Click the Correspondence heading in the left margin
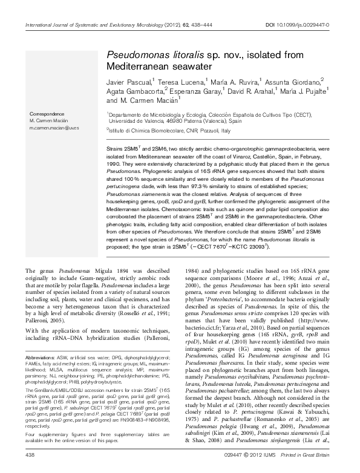point(46,114)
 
